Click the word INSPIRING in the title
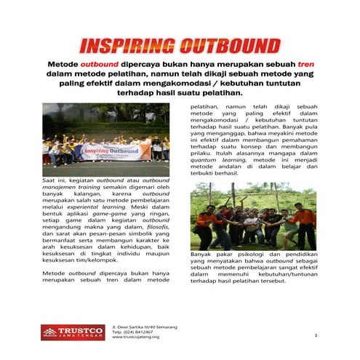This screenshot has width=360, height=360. pos(131,46)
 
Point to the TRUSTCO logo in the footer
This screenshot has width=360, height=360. pos(72,331)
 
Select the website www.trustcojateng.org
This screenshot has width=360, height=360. pos(135,337)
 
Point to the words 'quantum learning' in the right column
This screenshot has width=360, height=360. pos(215,159)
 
